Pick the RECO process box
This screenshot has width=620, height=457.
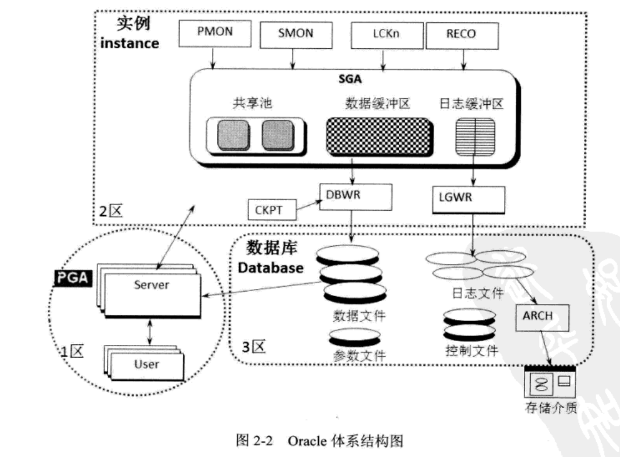click(460, 34)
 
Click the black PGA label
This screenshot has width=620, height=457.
click(72, 277)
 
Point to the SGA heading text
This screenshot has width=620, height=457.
click(349, 79)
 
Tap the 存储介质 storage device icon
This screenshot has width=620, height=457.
click(550, 384)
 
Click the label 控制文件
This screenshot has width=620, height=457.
click(471, 351)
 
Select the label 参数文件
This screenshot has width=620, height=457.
click(359, 356)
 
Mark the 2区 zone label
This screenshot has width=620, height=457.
click(108, 211)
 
